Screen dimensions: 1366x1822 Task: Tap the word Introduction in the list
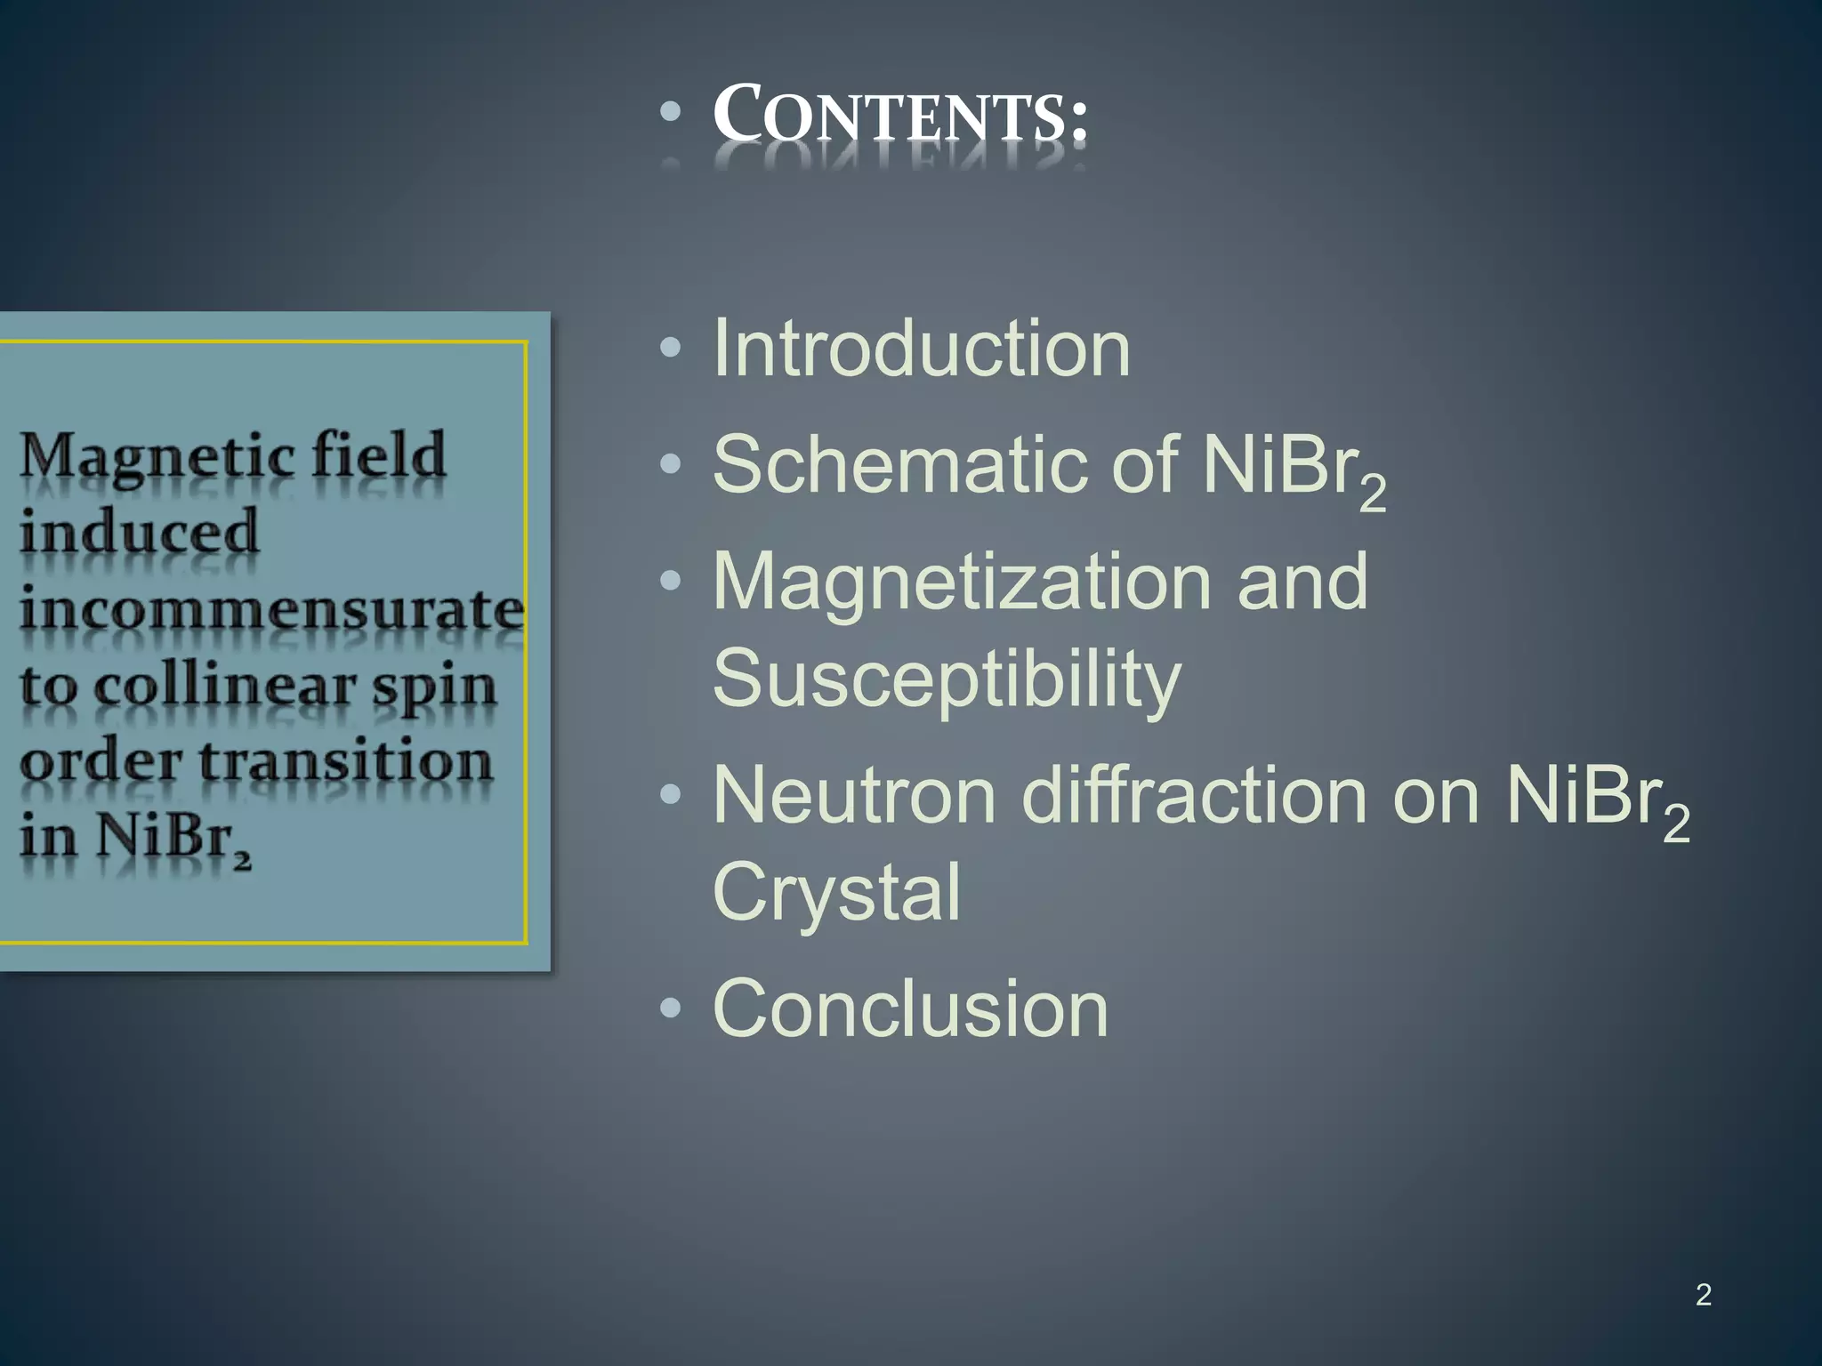pyautogui.click(x=921, y=349)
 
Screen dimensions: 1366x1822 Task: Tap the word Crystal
pyautogui.click(x=836, y=892)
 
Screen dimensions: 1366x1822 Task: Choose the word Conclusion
pyautogui.click(x=910, y=1008)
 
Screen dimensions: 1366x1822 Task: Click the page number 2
pyautogui.click(x=1703, y=1295)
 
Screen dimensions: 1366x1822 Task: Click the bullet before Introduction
pyautogui.click(x=671, y=348)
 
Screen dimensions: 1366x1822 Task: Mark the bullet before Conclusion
pyautogui.click(x=671, y=1008)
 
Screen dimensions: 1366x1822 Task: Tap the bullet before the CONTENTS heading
pyautogui.click(x=671, y=112)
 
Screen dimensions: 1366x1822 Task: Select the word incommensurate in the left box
pyautogui.click(x=271, y=610)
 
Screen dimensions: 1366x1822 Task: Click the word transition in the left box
pyautogui.click(x=345, y=763)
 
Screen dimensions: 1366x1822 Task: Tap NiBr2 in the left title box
pyautogui.click(x=173, y=838)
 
